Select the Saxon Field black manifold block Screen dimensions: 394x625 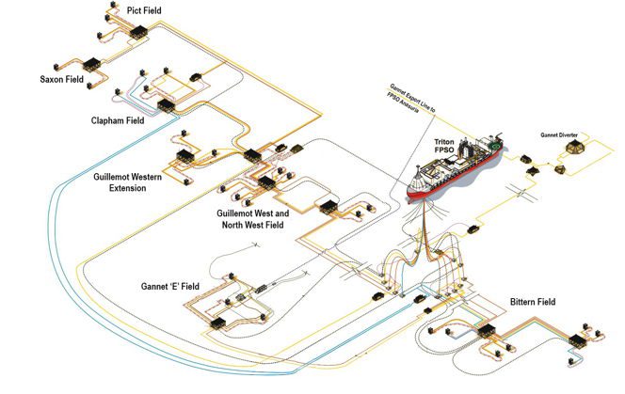click(95, 66)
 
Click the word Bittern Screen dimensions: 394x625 click(521, 302)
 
